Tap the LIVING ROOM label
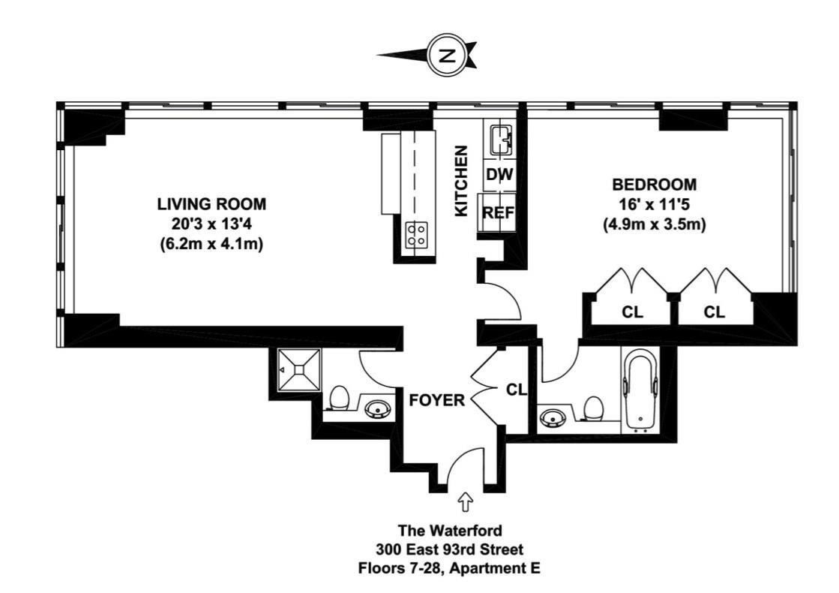tap(211, 204)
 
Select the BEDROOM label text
tap(655, 185)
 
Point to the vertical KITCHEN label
tap(460, 181)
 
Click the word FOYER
tap(436, 400)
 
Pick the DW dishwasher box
tap(500, 175)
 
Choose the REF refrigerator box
tap(498, 212)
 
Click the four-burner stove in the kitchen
tap(418, 234)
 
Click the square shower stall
tap(300, 369)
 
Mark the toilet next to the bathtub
tap(593, 409)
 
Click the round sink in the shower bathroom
tap(378, 411)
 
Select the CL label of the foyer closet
tap(517, 390)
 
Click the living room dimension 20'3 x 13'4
tap(211, 224)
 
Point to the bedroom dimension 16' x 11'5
tap(655, 205)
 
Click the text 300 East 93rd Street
tap(449, 549)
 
